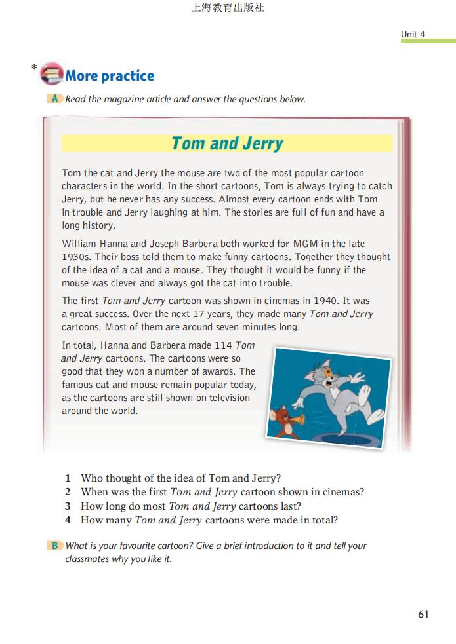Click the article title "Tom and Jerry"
pos(227,143)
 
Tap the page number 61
pos(423,614)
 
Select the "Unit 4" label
pos(413,34)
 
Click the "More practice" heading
pos(110,76)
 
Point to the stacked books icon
pos(51,73)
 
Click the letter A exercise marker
pos(55,99)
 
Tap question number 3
pos(68,506)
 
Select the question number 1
pos(68,478)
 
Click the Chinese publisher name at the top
pos(228,9)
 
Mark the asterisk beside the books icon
pos(33,67)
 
